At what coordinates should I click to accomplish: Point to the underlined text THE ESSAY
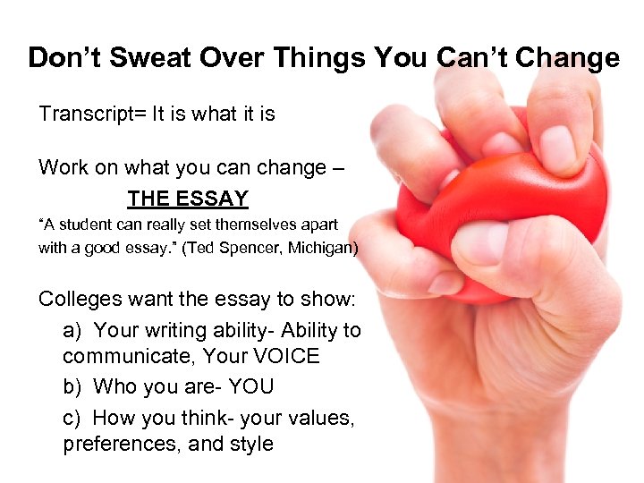[188, 199]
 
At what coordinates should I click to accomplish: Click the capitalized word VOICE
[279, 356]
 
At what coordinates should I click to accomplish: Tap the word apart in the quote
[316, 225]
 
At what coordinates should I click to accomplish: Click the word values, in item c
[324, 418]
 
